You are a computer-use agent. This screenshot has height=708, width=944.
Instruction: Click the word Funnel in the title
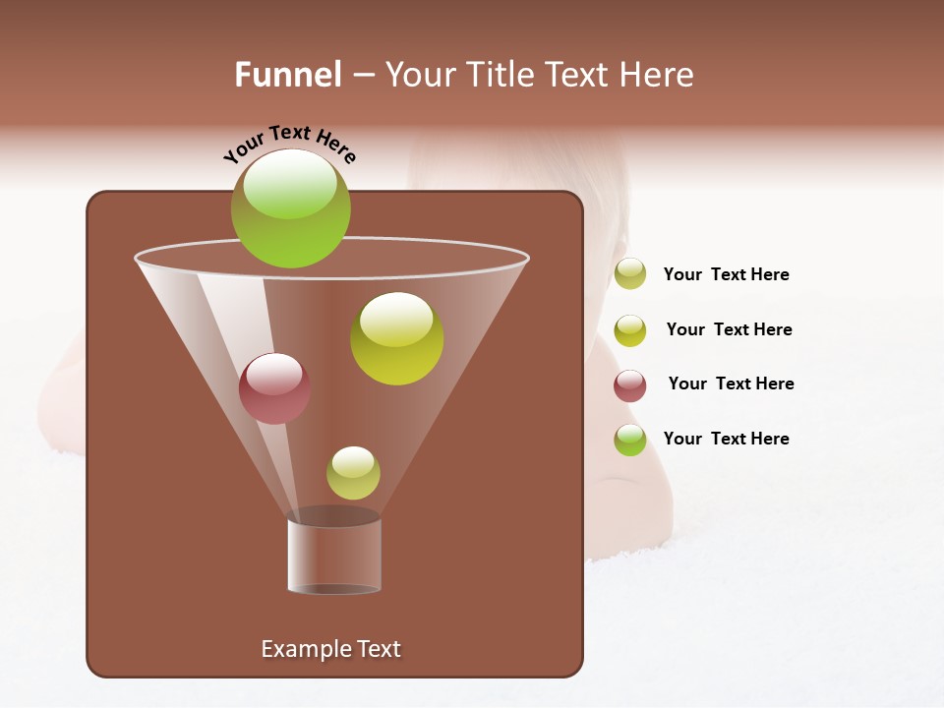[287, 75]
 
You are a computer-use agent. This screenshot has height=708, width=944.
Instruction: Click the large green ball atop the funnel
[291, 211]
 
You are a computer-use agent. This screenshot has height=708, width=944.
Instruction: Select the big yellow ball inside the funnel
[396, 339]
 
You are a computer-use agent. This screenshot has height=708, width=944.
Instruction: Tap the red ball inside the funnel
[274, 389]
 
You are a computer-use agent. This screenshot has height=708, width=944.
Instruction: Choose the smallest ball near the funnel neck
[353, 473]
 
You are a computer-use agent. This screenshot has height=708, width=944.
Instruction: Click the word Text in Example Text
[377, 649]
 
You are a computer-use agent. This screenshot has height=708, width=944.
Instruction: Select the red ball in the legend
[629, 385]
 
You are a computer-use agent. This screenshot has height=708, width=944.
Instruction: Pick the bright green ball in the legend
[629, 440]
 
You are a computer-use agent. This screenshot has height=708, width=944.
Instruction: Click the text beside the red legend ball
[731, 383]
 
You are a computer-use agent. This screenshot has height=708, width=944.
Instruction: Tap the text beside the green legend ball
[726, 439]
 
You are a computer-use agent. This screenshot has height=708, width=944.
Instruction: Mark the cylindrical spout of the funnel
[334, 556]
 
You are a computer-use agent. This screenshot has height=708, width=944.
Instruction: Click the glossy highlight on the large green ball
[290, 186]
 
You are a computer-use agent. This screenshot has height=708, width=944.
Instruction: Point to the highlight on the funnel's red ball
[274, 372]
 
